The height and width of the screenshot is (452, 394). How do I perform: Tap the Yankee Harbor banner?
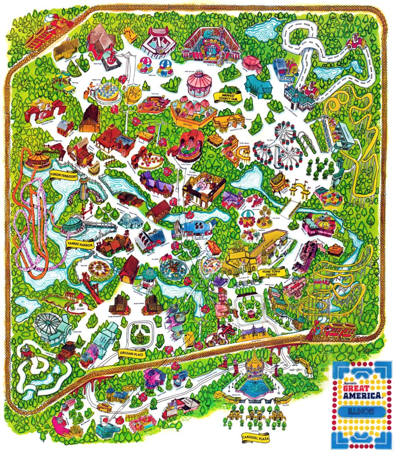pos(79,243)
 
